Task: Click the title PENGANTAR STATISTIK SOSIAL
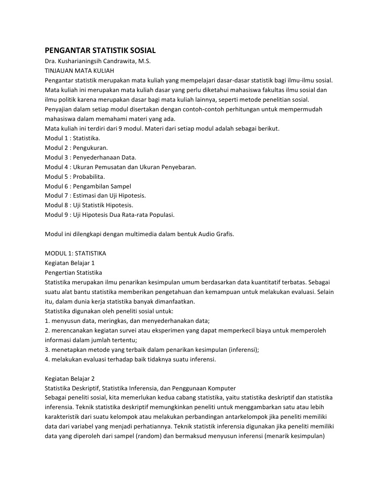[100, 51]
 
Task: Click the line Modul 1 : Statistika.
[72, 138]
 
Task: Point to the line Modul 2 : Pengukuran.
[76, 147]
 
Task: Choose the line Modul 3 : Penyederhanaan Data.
[91, 157]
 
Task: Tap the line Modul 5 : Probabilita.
[75, 176]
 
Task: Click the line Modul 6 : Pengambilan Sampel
[88, 186]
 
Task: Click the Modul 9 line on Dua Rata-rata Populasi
[110, 214]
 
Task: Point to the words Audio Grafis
[215, 234]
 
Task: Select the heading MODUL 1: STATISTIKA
[75, 253]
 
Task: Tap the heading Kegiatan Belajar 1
[70, 263]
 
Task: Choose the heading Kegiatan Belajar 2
[70, 378]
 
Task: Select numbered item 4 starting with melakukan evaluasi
[130, 359]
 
